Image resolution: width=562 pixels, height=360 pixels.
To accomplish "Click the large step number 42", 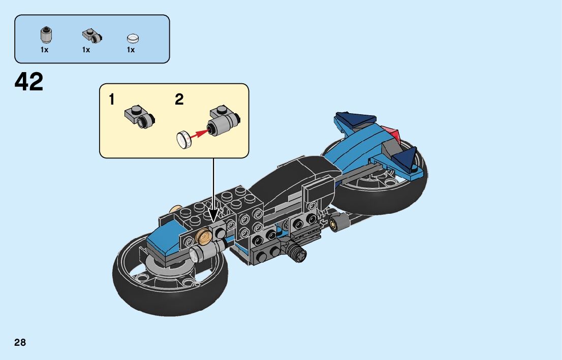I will [x=29, y=81].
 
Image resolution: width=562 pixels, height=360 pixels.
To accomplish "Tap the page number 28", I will [x=20, y=342].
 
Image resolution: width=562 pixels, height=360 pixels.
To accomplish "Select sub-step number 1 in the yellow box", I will [x=111, y=100].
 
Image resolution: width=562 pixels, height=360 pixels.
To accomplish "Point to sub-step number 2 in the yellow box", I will [x=179, y=100].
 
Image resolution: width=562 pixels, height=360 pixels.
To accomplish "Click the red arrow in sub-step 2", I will [x=200, y=133].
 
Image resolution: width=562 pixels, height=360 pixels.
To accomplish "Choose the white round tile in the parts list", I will [x=133, y=38].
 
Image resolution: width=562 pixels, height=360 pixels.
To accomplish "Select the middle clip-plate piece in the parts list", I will [x=91, y=36].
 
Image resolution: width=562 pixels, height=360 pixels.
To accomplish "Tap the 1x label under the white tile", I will [x=131, y=50].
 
